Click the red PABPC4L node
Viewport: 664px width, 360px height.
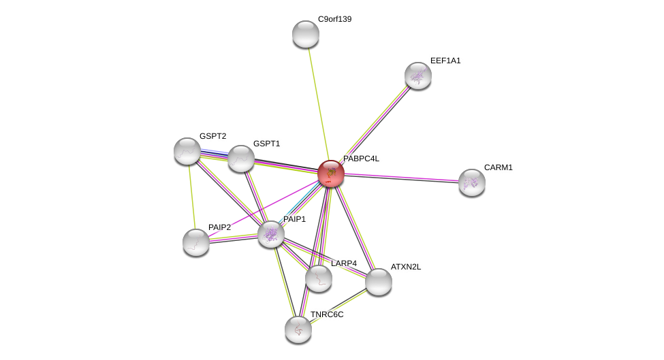[331, 174]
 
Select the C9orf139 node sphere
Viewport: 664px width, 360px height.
[305, 34]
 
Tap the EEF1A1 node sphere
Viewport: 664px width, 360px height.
[418, 76]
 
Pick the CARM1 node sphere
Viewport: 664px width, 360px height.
[472, 182]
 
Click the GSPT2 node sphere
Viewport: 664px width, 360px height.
[187, 151]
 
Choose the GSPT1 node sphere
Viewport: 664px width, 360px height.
[241, 159]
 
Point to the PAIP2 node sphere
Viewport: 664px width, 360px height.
[195, 242]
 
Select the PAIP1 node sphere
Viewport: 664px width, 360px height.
[271, 234]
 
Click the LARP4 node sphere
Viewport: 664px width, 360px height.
[319, 278]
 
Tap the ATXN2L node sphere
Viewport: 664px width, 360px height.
[379, 282]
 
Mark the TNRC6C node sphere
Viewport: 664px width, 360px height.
[298, 329]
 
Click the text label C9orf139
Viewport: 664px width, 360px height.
[334, 19]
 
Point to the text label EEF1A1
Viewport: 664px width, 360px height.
[445, 61]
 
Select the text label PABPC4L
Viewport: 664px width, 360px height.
[361, 159]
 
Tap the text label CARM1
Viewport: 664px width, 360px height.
[499, 167]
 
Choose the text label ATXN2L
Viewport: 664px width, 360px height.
[406, 267]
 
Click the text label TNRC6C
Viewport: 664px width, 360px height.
[327, 314]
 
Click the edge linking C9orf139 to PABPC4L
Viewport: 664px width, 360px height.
[319, 104]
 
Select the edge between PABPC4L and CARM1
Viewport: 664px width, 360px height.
[401, 178]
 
